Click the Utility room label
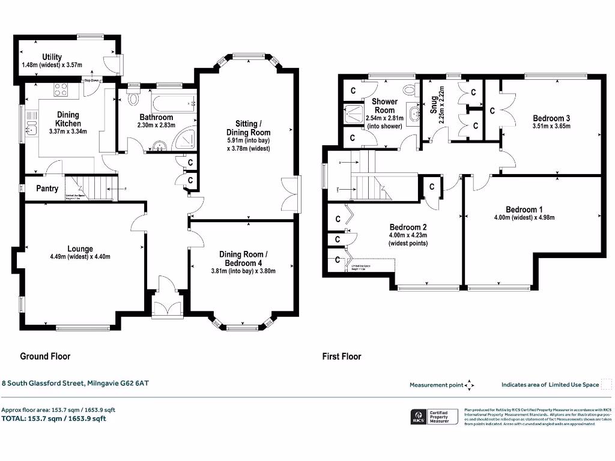pyautogui.click(x=52, y=57)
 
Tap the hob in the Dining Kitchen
pyautogui.click(x=61, y=90)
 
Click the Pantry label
pyautogui.click(x=47, y=188)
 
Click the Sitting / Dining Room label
pyautogui.click(x=248, y=128)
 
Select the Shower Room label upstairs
pyautogui.click(x=384, y=106)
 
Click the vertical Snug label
pyautogui.click(x=432, y=105)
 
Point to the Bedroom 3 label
pyautogui.click(x=551, y=118)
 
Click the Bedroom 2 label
pyautogui.click(x=408, y=227)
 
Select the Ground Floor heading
pyautogui.click(x=45, y=356)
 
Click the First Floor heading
pyautogui.click(x=342, y=356)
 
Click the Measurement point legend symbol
pyautogui.click(x=470, y=385)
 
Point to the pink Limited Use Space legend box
pyautogui.click(x=606, y=385)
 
